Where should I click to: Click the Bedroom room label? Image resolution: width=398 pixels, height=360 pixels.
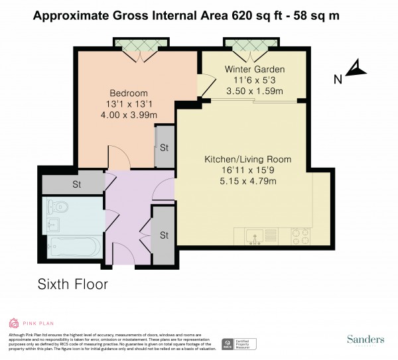tap(129, 93)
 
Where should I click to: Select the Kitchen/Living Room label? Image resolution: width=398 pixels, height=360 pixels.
tap(248, 159)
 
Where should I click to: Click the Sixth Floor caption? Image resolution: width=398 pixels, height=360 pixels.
tap(72, 284)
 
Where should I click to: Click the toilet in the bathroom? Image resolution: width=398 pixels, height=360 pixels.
tap(55, 206)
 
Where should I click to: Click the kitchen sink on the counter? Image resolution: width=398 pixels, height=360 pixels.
tap(255, 235)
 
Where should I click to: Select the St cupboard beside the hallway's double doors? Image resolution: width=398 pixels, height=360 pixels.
tap(163, 235)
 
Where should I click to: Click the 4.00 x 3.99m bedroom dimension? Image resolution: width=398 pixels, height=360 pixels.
tap(129, 115)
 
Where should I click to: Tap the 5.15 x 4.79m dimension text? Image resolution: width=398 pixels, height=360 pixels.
tap(248, 182)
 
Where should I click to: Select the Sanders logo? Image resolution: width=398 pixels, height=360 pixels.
tap(365, 339)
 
